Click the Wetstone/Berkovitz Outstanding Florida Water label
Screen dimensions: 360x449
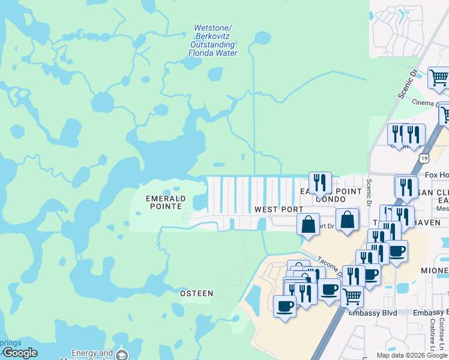[x=212, y=41]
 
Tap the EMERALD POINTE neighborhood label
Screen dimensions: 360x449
[x=166, y=202]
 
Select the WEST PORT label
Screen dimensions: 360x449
[x=279, y=209]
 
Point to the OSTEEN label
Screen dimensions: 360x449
[x=197, y=293]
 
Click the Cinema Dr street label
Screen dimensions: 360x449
[x=426, y=102]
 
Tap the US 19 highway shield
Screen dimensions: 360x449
[x=425, y=158]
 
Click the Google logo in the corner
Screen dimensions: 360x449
[x=19, y=353]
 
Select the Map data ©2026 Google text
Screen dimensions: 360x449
[x=412, y=355]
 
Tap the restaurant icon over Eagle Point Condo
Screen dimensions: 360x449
[x=320, y=182]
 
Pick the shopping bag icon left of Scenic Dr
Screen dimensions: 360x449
[x=347, y=219]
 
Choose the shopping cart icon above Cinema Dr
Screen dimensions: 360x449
[x=439, y=77]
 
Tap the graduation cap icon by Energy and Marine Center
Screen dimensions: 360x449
[x=122, y=355]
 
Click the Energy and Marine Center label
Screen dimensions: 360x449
[x=92, y=354]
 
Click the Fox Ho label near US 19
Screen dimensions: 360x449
[x=436, y=175]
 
